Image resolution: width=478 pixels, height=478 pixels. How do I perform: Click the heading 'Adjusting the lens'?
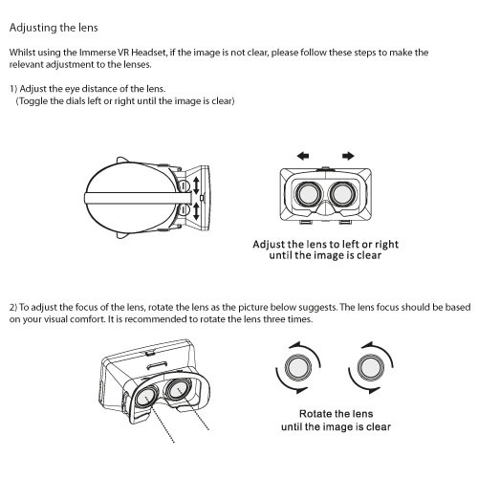tap(54, 28)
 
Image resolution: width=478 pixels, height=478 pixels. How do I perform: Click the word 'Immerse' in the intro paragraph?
tap(98, 53)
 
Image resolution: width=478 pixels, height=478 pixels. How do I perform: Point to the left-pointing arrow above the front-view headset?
tap(303, 156)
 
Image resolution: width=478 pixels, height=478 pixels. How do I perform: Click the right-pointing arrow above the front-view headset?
tap(348, 156)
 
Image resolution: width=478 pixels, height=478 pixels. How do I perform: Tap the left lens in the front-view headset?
tap(308, 194)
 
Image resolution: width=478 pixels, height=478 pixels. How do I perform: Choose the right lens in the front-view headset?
tap(343, 194)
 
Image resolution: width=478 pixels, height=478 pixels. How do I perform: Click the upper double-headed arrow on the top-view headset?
tap(196, 185)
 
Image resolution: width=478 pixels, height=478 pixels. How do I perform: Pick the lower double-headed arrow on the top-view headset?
tap(196, 211)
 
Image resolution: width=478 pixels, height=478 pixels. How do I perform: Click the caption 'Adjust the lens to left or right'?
tap(325, 245)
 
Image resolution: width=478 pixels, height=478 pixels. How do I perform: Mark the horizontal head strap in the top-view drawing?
tap(138, 198)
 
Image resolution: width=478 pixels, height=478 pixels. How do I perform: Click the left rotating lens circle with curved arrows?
tap(298, 367)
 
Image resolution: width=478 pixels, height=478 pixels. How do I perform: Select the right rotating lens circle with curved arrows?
tap(371, 367)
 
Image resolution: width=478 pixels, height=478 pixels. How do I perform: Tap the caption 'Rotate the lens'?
tap(336, 414)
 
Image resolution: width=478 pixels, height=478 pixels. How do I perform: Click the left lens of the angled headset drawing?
tap(145, 397)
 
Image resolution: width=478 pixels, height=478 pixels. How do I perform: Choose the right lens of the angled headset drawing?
tap(177, 389)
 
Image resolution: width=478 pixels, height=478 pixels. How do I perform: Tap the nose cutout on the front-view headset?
tap(325, 207)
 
